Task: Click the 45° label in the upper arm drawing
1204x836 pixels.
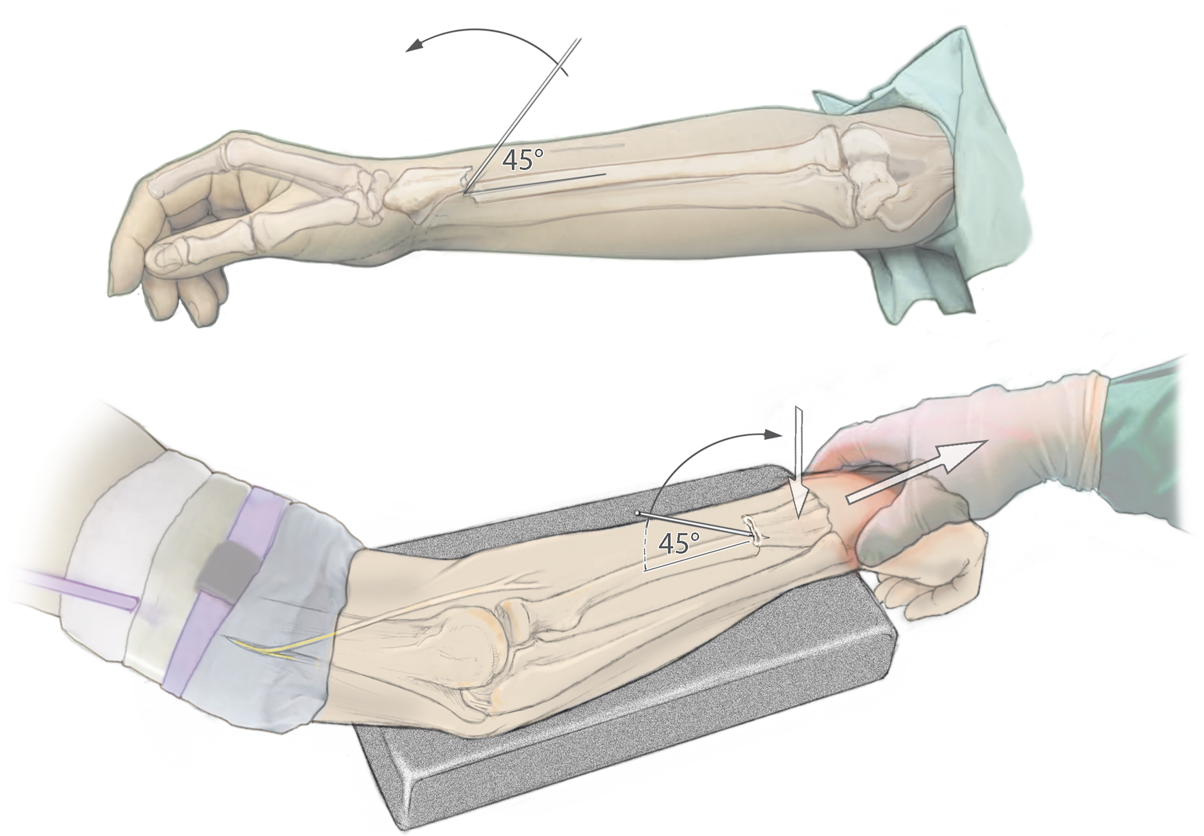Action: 523,160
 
